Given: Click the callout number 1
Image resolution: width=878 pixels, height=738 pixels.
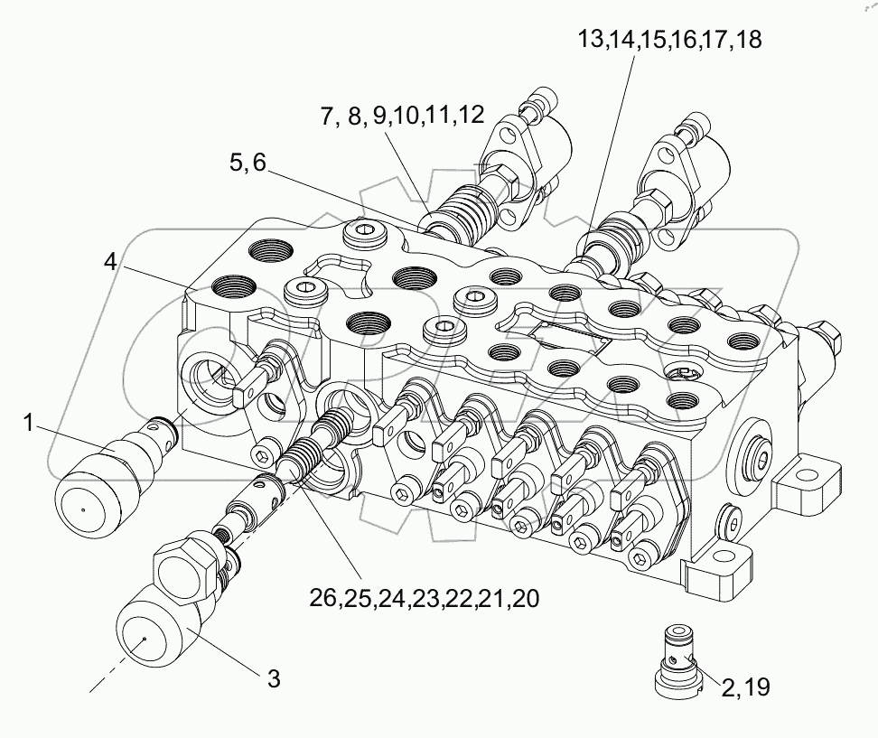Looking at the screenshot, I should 29,423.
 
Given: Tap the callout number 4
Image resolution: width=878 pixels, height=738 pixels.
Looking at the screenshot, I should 109,264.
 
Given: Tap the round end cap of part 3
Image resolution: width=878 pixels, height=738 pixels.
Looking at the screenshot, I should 149,636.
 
